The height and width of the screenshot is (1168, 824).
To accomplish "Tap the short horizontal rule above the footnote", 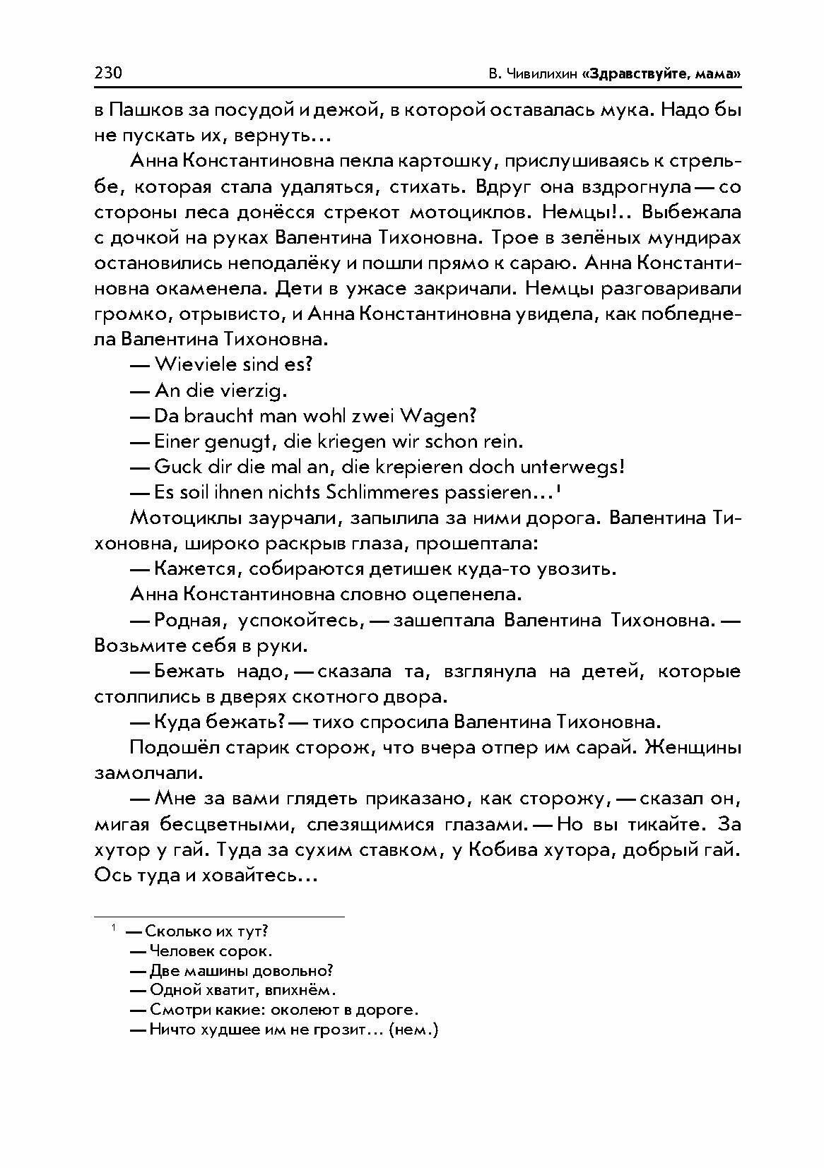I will point(219,917).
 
